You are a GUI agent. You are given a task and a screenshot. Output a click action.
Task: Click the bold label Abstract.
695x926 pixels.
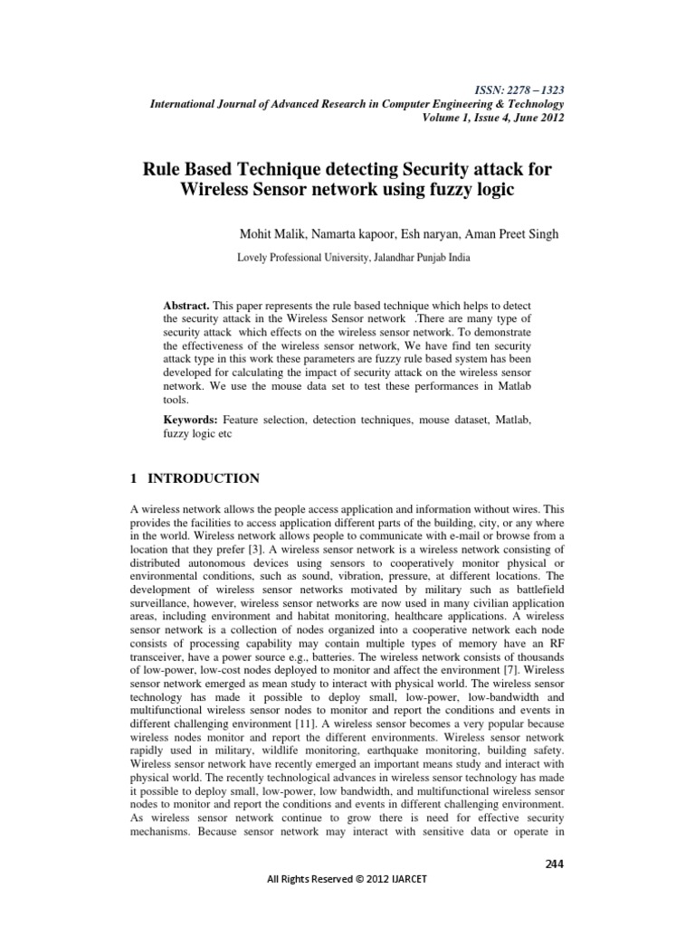click(185, 307)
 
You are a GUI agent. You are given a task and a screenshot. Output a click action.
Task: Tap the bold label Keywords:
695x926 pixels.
click(191, 420)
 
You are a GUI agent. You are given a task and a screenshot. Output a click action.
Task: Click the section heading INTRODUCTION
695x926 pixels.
click(205, 478)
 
